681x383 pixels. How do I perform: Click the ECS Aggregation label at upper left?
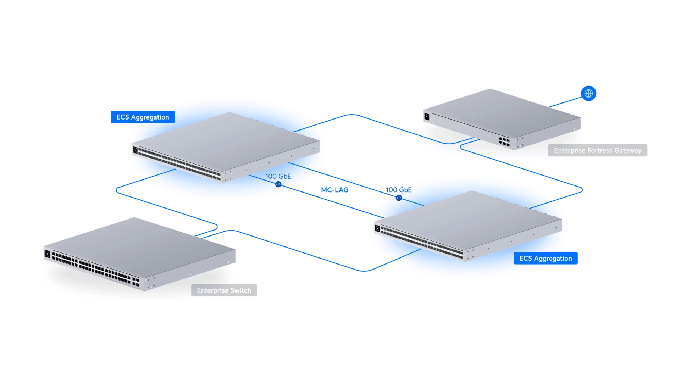[143, 117]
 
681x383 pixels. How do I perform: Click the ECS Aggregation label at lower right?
[546, 258]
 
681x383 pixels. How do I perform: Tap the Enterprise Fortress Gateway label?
[598, 150]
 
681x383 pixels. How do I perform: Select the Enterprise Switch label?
[224, 290]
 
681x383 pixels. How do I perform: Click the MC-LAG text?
[334, 190]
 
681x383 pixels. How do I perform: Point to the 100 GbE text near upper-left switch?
[278, 176]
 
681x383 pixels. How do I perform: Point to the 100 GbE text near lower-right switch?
[399, 190]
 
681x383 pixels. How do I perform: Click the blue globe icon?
[588, 94]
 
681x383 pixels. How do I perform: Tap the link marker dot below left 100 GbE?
[278, 184]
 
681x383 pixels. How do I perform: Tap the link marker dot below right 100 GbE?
[399, 198]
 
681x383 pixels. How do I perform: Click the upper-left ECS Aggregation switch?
[227, 142]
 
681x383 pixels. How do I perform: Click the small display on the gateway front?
[427, 117]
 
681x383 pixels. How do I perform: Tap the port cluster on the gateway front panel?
[504, 141]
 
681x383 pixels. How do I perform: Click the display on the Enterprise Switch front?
[47, 254]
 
